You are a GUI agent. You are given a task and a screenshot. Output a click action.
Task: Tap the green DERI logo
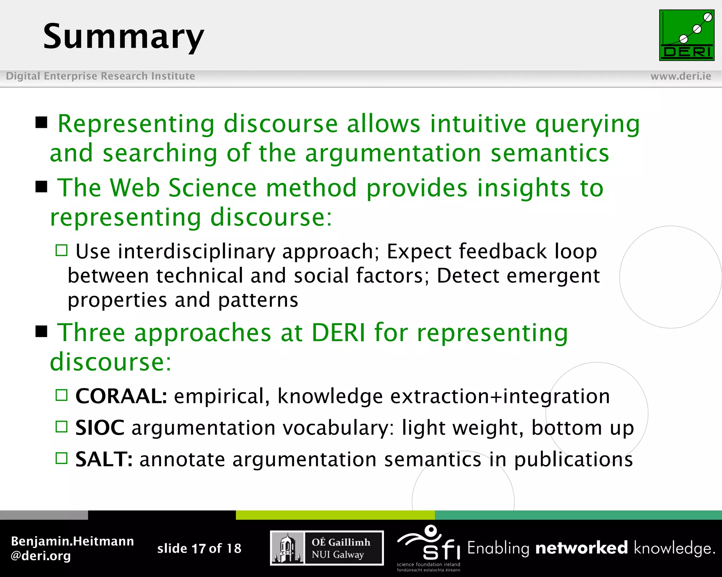(686, 35)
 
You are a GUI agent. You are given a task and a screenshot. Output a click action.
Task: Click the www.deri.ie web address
(680, 76)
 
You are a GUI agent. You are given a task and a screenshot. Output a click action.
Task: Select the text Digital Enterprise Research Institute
(100, 76)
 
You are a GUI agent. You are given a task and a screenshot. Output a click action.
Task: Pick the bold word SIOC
(100, 428)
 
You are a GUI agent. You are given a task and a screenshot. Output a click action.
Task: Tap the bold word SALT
(104, 459)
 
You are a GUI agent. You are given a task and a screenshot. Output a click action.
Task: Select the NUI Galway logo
(327, 548)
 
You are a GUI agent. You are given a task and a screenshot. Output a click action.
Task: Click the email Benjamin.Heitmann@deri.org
(72, 548)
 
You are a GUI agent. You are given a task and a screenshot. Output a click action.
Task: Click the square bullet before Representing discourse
(42, 123)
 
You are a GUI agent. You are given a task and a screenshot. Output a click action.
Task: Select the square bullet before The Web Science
(42, 186)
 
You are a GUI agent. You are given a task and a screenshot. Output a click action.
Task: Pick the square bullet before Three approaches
(42, 331)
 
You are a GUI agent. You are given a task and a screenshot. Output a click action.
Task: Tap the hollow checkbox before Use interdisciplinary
(61, 250)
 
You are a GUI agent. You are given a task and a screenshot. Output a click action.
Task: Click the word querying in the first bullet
(587, 125)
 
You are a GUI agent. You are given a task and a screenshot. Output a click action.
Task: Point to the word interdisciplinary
(196, 252)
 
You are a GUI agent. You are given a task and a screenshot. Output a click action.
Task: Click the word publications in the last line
(573, 460)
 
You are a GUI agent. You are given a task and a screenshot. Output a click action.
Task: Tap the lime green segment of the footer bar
(335, 515)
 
